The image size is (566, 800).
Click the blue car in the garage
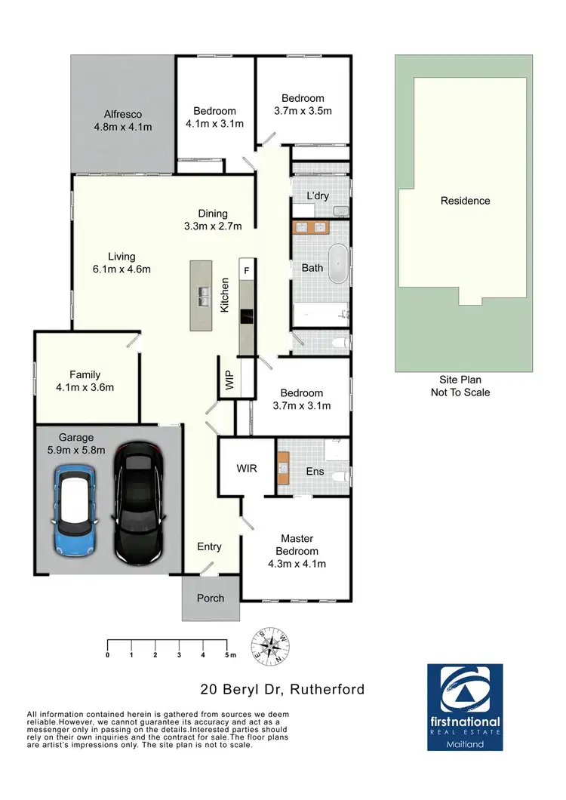(74, 509)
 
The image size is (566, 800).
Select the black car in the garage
(138, 503)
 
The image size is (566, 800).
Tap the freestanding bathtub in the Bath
(339, 264)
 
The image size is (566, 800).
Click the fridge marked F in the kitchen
(246, 268)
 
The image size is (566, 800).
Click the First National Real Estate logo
(465, 707)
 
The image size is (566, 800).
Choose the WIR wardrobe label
(247, 469)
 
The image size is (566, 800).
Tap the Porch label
(211, 598)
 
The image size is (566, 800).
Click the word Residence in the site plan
(466, 201)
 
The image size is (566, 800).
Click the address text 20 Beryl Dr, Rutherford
(282, 689)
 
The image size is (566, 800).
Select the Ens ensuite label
(315, 472)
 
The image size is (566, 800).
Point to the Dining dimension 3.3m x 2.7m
(212, 226)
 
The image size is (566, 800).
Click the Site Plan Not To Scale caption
(460, 386)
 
